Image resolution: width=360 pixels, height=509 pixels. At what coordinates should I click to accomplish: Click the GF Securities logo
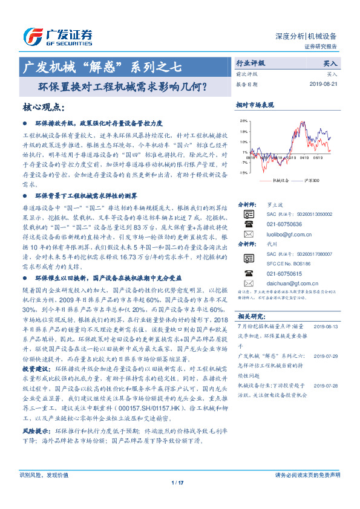tap(57, 36)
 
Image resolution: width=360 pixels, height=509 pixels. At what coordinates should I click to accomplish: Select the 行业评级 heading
tap(250, 63)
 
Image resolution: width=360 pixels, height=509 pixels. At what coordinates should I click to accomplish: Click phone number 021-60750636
tap(284, 223)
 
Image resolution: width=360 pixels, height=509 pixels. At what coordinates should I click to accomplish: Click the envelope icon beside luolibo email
tap(248, 233)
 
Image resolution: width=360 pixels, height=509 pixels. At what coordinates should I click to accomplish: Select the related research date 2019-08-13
tap(327, 326)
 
